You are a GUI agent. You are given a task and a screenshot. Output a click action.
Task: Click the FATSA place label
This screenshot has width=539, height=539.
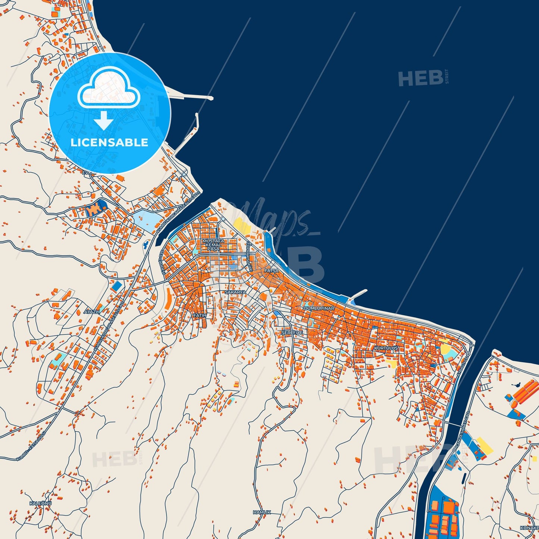[271, 271]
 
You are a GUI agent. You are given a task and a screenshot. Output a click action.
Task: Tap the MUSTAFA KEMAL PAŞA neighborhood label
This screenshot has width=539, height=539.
[213, 245]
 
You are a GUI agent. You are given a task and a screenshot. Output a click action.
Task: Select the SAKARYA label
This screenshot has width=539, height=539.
[235, 292]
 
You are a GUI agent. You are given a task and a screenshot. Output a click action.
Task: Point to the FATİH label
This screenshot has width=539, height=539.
[200, 316]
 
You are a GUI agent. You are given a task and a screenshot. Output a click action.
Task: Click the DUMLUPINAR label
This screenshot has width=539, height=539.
[319, 308]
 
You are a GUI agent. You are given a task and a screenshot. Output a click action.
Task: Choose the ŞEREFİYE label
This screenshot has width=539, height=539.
[292, 332]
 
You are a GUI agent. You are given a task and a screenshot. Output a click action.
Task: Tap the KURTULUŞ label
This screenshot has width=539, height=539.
[386, 348]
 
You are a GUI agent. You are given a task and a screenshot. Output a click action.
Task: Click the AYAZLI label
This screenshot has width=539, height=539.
[92, 311]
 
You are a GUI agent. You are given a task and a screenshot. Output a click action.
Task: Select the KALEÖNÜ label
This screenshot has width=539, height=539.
[40, 503]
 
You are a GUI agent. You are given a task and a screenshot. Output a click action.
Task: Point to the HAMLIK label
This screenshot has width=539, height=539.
[262, 512]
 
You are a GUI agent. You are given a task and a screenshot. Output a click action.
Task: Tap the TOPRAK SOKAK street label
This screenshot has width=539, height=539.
[250, 257]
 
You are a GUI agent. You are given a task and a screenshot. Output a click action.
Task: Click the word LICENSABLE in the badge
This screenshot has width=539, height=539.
[109, 142]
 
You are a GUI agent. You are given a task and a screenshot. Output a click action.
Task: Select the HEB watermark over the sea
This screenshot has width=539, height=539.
[421, 78]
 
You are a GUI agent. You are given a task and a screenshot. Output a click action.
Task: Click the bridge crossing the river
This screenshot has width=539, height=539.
[453, 424]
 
